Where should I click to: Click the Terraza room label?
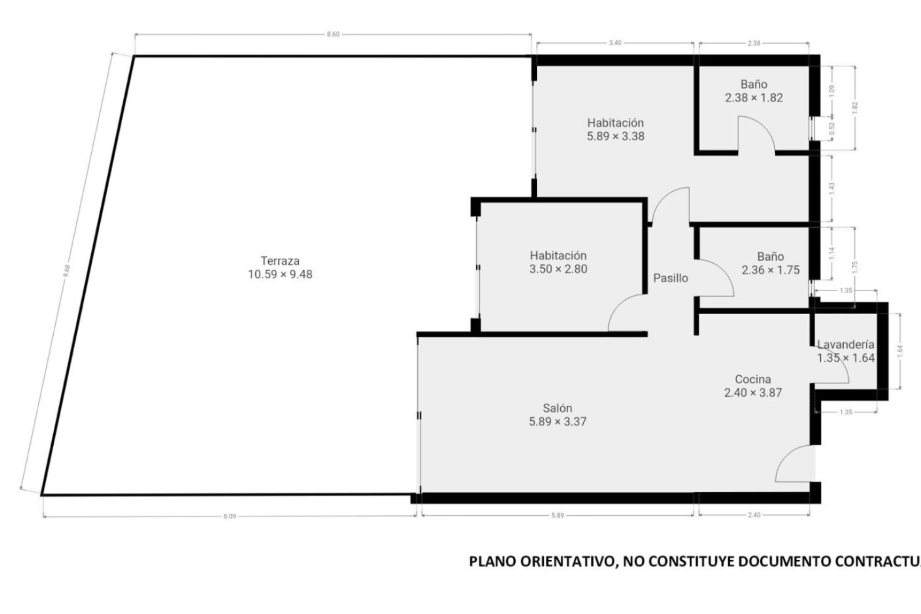(x=280, y=261)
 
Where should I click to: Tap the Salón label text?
(x=557, y=408)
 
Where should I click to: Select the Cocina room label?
(x=753, y=379)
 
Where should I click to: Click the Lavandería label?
(x=846, y=344)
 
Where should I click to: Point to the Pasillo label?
(x=671, y=278)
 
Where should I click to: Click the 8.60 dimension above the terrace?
(x=333, y=35)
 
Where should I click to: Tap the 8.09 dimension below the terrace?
(x=230, y=516)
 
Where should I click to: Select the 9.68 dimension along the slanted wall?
(x=67, y=272)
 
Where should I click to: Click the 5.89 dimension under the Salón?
(x=557, y=515)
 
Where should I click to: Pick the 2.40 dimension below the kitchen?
(x=754, y=515)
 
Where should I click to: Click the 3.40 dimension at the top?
(x=615, y=43)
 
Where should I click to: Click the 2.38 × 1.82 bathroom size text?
(x=754, y=98)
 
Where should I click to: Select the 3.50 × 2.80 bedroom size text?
(x=558, y=269)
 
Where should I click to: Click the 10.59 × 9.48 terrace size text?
(x=280, y=274)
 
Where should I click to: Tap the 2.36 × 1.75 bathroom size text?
(x=770, y=270)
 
